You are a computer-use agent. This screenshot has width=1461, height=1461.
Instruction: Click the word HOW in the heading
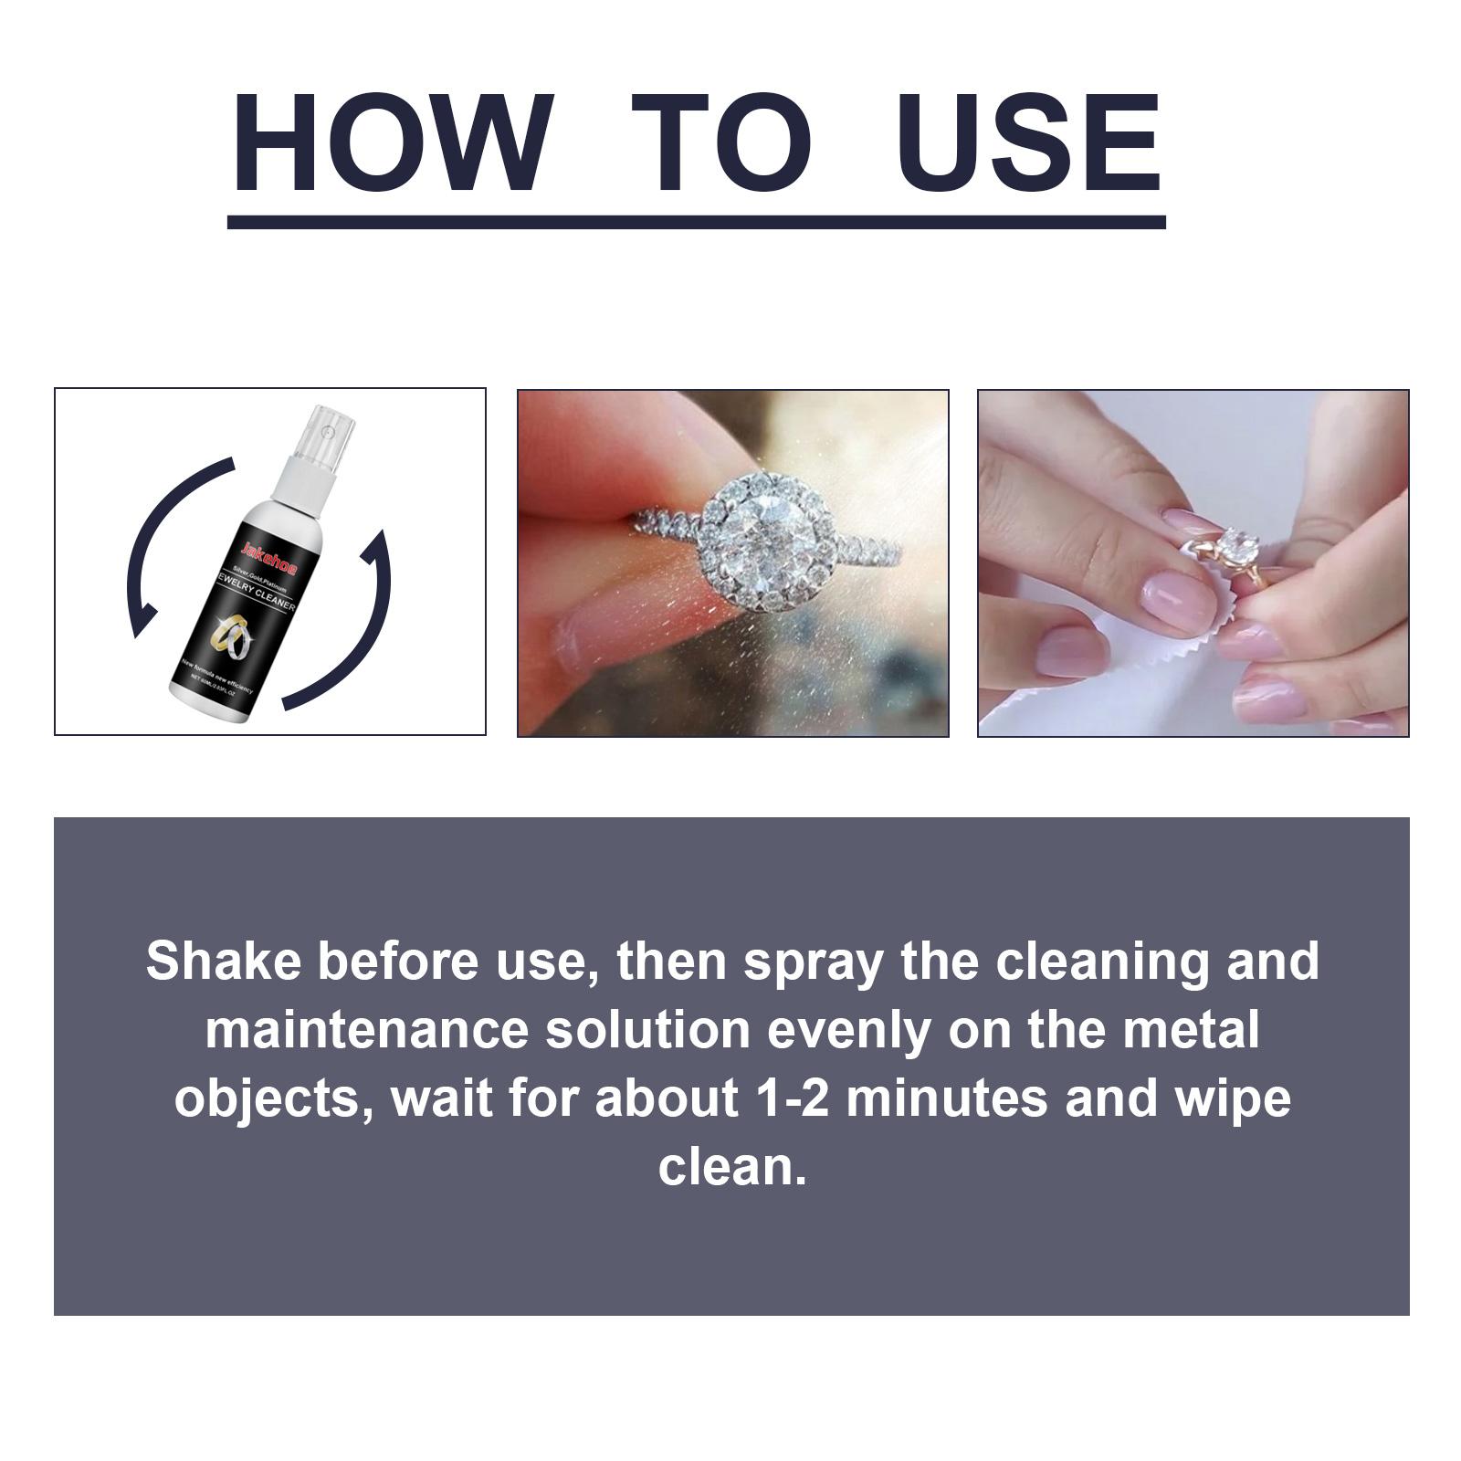393,144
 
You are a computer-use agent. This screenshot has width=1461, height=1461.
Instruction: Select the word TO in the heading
721,144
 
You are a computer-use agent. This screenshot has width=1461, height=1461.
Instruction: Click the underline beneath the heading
696,222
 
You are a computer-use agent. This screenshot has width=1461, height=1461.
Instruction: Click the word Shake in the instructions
223,962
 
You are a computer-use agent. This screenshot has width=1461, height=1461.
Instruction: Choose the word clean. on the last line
732,1167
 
